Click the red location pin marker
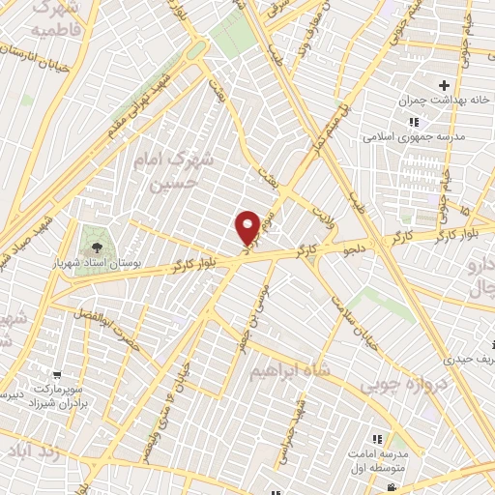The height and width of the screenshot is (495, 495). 247,226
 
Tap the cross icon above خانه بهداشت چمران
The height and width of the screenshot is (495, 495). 444,85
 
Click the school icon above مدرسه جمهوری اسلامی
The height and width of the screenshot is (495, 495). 414,122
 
